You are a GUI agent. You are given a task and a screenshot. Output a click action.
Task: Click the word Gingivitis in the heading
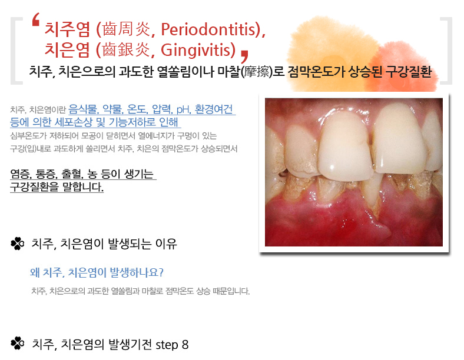coord(198,49)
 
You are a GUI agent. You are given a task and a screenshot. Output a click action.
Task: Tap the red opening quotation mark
coord(36,19)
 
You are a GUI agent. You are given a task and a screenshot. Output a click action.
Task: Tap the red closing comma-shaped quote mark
coord(244,56)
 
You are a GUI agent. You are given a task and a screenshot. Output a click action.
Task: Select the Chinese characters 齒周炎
coord(126,29)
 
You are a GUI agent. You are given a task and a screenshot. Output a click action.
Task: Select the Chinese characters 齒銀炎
coord(126,49)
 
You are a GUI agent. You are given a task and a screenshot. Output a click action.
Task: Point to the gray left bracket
coord(16,51)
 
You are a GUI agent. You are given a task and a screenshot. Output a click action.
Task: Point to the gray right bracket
coord(446,51)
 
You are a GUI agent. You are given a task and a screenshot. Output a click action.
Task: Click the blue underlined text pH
coord(183,109)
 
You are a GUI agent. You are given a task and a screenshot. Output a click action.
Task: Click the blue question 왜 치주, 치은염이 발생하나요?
coord(97,272)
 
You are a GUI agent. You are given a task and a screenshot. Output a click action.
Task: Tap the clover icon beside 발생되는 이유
coord(18,244)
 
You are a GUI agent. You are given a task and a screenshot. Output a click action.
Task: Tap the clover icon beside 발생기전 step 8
coord(18,344)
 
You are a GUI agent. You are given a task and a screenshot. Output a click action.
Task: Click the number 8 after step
coord(185,345)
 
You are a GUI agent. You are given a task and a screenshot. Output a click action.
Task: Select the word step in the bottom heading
coord(167,345)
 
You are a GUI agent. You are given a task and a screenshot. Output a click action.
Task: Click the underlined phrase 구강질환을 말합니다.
coord(57,187)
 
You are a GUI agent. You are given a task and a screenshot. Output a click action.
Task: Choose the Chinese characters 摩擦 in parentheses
coord(257,72)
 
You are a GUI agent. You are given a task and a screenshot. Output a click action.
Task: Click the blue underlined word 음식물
coord(83,109)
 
